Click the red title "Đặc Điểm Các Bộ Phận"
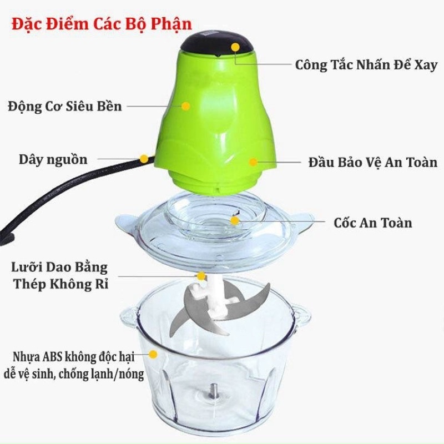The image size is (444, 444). pos(102,24)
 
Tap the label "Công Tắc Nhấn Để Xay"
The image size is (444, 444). pos(366,65)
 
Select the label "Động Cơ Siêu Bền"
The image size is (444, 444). pos(65,107)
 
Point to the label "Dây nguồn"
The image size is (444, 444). pos(53,160)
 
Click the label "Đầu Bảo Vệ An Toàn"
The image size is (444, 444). pos(373,163)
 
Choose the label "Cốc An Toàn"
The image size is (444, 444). pos(372,223)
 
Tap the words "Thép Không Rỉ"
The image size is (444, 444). pos(61,284)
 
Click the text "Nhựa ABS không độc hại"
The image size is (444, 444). pos(74,357)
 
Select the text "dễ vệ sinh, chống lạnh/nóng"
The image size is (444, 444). pos(74,374)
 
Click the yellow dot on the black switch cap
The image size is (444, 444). pos(235,47)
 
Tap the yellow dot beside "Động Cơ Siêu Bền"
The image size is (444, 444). pos(185,106)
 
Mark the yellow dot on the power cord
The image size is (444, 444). pos(144,159)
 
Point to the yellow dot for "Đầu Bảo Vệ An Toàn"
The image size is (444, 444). pos(253,162)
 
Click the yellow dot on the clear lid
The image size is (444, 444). pos(235,220)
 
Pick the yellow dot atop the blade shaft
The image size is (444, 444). pos(201,276)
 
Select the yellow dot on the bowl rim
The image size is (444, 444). pos(153,354)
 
